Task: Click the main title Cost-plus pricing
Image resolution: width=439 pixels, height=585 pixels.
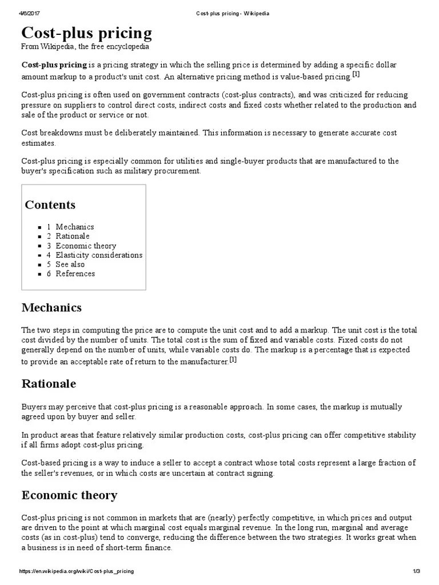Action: pos(87,32)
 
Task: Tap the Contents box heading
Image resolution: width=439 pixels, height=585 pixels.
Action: pos(50,205)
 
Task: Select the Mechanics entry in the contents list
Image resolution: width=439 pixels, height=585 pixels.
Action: pos(74,227)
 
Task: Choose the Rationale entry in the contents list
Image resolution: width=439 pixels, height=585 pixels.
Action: pos(73,236)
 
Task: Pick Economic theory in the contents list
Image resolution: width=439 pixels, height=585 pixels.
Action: pos(86,246)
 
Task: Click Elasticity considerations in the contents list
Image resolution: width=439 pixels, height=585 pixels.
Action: pos(99,255)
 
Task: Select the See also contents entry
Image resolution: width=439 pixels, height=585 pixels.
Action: pos(70,264)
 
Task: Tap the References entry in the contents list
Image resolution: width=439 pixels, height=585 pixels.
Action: pos(75,274)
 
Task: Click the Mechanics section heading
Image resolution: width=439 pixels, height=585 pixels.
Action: pos(51,308)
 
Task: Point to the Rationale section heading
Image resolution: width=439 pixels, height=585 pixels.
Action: pos(49,383)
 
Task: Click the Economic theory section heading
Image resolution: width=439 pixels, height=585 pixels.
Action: pos(69,495)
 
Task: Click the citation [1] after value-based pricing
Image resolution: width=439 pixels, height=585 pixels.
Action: pos(356,74)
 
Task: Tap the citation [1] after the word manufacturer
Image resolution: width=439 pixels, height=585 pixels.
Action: pos(233,360)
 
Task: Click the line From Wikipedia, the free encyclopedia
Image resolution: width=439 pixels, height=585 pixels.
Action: pos(85,46)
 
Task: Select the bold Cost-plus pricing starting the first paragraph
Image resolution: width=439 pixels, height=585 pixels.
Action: pos(54,65)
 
